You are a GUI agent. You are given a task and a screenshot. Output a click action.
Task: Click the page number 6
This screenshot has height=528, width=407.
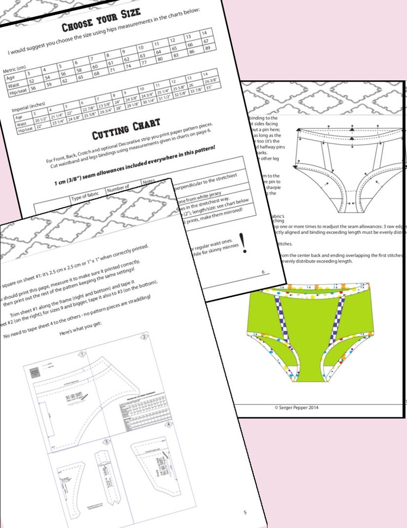coord(263,273)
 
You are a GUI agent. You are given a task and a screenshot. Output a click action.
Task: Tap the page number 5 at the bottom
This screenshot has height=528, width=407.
coord(245,512)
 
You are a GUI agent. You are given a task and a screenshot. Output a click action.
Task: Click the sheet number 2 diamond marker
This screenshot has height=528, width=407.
coord(145,337)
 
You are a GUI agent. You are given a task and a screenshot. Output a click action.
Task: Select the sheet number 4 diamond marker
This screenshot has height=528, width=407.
coord(169,424)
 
